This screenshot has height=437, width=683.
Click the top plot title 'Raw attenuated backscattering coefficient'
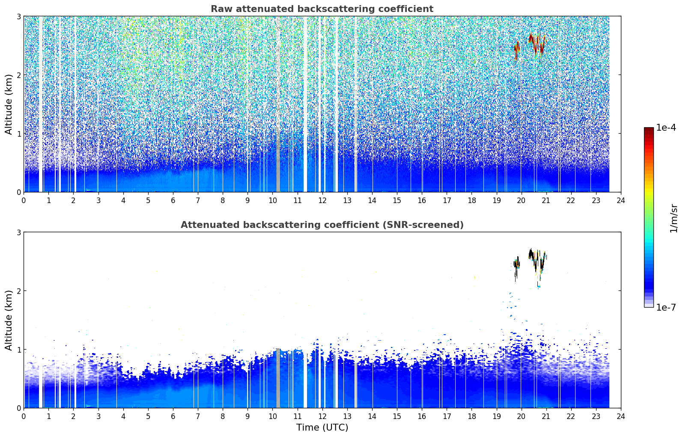[322, 9]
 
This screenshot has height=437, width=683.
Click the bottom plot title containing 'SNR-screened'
[322, 224]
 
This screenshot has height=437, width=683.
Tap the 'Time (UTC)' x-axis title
[322, 427]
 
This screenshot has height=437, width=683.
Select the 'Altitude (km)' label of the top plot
[9, 105]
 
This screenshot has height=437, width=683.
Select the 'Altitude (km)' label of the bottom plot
[9, 320]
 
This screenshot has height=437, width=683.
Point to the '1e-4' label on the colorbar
[666, 128]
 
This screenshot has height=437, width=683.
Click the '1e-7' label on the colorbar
[666, 307]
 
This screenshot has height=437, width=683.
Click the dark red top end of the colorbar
[649, 129]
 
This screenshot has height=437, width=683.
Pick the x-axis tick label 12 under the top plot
[322, 201]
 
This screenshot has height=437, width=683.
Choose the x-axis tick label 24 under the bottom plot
[621, 416]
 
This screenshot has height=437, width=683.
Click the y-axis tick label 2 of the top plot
[18, 75]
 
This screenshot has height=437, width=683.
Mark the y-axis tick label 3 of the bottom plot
[18, 233]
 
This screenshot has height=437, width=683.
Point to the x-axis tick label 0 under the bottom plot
[24, 416]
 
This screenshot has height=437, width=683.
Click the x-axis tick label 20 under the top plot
[522, 201]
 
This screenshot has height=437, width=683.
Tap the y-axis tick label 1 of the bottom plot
[18, 350]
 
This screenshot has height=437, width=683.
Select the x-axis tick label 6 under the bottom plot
[173, 416]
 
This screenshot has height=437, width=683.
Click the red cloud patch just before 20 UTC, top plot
[516, 51]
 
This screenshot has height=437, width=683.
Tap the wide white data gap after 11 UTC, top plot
[305, 104]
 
